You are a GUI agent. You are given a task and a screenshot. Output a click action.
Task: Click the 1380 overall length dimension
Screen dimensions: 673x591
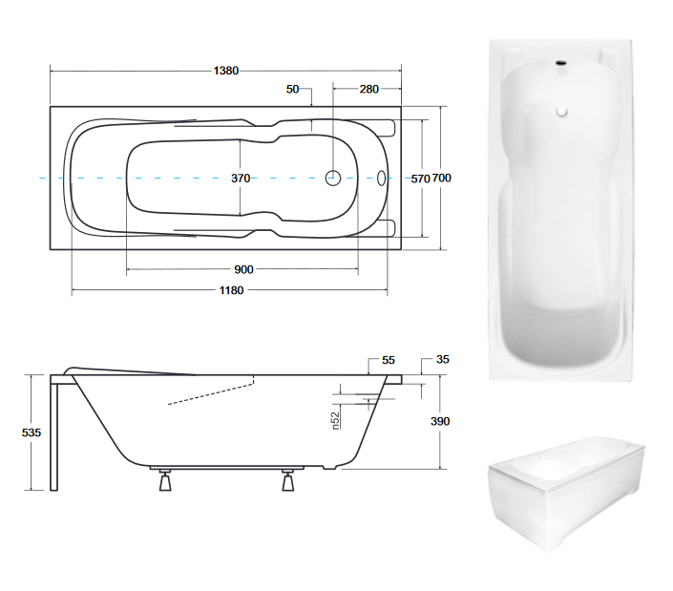[226, 71]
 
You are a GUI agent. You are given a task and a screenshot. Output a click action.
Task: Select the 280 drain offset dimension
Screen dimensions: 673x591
[369, 89]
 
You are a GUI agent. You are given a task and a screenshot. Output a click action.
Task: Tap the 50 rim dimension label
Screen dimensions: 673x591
[293, 89]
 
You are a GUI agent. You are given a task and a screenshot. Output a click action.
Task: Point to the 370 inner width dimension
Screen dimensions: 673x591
[241, 178]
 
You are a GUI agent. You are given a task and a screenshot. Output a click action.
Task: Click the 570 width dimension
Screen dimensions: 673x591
[420, 179]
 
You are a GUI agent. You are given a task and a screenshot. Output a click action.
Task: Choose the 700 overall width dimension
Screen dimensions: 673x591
[441, 178]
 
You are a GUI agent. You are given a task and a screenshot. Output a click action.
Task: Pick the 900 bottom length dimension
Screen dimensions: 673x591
[243, 269]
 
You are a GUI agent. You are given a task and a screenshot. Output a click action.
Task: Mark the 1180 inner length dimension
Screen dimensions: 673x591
[232, 290]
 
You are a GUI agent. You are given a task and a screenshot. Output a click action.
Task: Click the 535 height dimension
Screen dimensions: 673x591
[32, 433]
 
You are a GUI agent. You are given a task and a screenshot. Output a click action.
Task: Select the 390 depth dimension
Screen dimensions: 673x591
[440, 421]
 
